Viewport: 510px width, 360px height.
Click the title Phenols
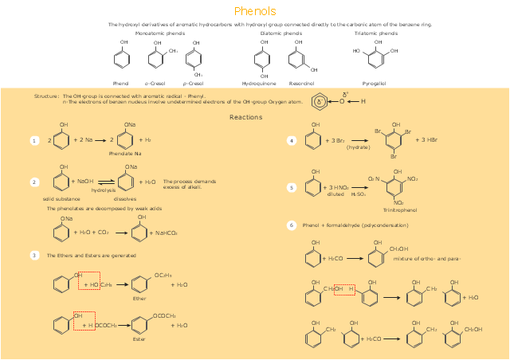(255, 11)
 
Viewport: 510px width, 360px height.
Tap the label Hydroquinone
(259, 83)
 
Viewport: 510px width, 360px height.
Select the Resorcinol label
(301, 83)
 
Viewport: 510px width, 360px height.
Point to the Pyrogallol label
(373, 83)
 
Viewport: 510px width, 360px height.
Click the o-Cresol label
(155, 83)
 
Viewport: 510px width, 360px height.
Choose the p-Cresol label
(193, 83)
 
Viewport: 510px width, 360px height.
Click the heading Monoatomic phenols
(160, 34)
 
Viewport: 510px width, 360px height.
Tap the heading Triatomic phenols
(376, 34)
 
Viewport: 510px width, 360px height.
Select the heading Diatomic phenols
(281, 34)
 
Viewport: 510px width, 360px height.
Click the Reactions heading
(245, 117)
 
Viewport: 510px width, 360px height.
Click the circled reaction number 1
(34, 140)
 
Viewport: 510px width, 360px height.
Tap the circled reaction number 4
(292, 140)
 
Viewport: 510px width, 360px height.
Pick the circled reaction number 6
(292, 225)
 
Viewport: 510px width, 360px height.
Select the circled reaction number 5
(292, 187)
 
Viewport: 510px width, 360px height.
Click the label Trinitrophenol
(399, 209)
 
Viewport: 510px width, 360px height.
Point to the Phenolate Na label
(125, 152)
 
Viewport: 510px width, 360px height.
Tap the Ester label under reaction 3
(139, 339)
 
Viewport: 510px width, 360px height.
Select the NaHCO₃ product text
(166, 233)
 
